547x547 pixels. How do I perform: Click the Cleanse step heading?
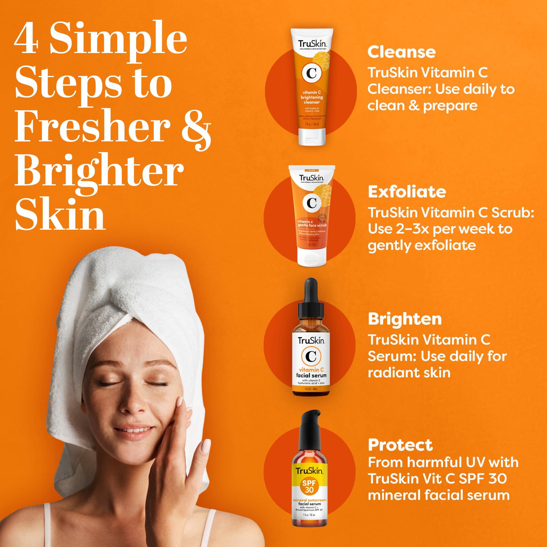coord(401,53)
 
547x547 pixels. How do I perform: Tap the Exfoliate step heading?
coord(407,192)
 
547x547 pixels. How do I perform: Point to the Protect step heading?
coord(400,445)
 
